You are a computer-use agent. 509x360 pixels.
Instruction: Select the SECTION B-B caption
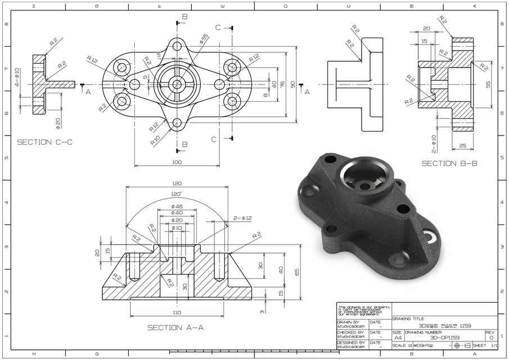[x=449, y=163]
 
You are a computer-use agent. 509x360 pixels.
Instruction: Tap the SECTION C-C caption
[x=45, y=142]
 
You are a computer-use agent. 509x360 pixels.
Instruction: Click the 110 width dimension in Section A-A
[x=177, y=312]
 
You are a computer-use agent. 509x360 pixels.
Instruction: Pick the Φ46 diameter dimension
[x=177, y=207]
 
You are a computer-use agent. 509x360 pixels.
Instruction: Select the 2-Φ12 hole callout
[x=243, y=218]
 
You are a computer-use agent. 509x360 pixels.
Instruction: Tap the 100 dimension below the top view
[x=177, y=163]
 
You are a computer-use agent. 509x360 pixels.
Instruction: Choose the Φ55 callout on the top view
[x=204, y=38]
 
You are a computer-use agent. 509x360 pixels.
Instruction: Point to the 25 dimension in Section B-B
[x=462, y=146]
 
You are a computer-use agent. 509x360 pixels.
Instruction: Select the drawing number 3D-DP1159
[x=444, y=337]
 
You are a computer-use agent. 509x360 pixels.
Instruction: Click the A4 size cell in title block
[x=397, y=337]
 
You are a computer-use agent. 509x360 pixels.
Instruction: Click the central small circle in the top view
[x=177, y=84]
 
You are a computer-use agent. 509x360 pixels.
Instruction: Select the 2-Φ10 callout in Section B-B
[x=434, y=143]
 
